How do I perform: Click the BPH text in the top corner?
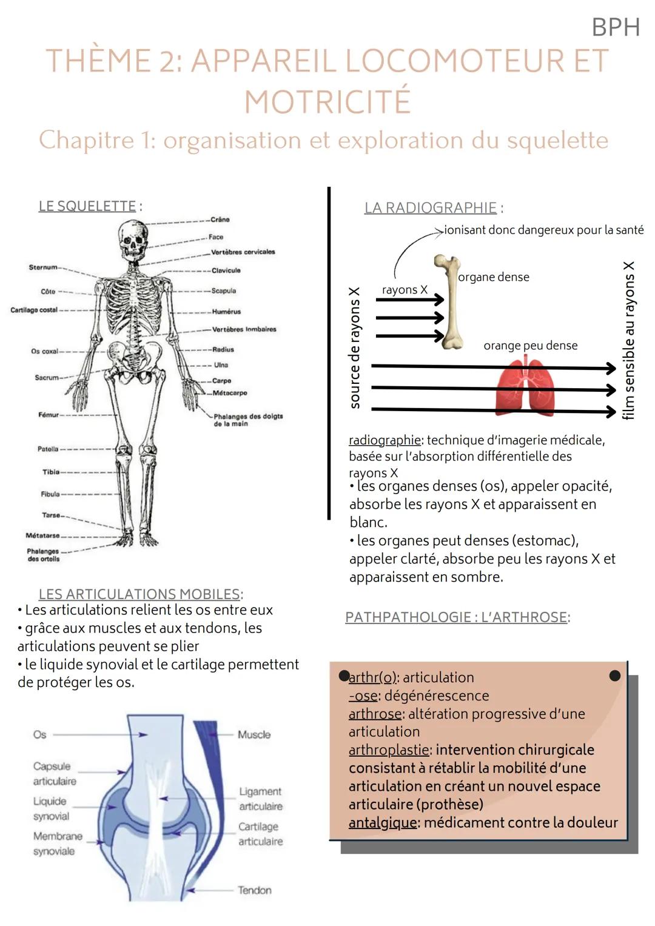point(615,27)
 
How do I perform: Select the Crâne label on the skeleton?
point(220,220)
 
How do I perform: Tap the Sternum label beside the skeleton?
point(43,267)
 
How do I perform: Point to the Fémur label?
point(49,415)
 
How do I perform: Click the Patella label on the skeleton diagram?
point(48,449)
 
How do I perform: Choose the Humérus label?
point(226,311)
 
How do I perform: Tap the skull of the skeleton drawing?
point(133,238)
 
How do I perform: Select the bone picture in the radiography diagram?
point(450,301)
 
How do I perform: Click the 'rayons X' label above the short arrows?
point(405,290)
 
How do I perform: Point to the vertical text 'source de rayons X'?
point(355,347)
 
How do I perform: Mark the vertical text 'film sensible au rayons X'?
point(628,340)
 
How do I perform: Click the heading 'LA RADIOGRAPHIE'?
point(431,208)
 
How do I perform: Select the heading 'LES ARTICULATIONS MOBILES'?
point(139,594)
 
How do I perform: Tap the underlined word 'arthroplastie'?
point(389,750)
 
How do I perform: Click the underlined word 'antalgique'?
point(383,823)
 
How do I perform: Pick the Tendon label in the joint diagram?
point(255,890)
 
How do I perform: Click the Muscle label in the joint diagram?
point(254,734)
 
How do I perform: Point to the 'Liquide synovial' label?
point(50,808)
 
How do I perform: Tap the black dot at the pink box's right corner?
point(614,676)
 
